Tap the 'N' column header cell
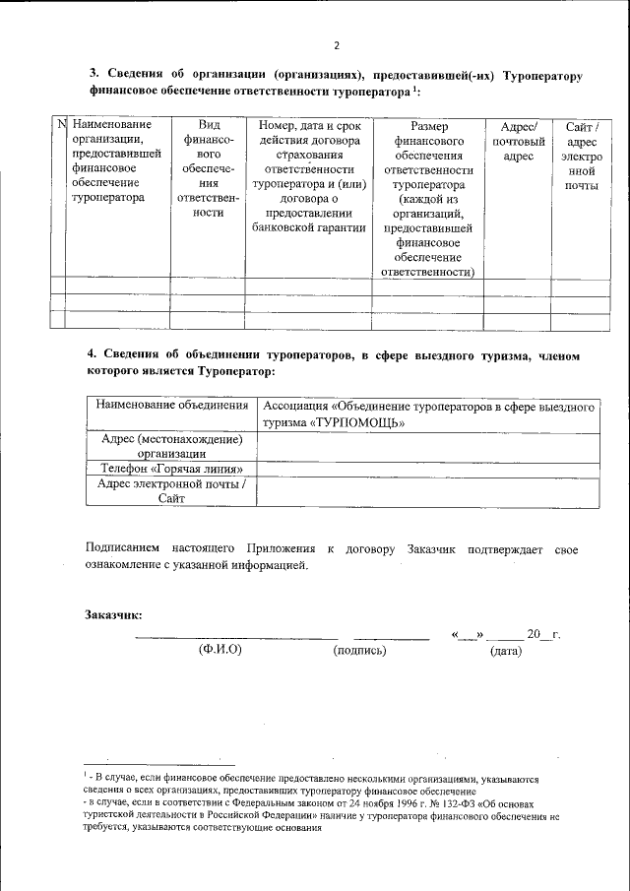(59, 125)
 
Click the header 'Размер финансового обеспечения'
(427, 197)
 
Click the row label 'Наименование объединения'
(171, 406)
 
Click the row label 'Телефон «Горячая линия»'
(171, 469)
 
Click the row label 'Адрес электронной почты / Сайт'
(171, 491)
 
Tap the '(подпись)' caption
(359, 651)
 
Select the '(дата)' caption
(505, 651)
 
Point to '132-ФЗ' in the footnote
(418, 804)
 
